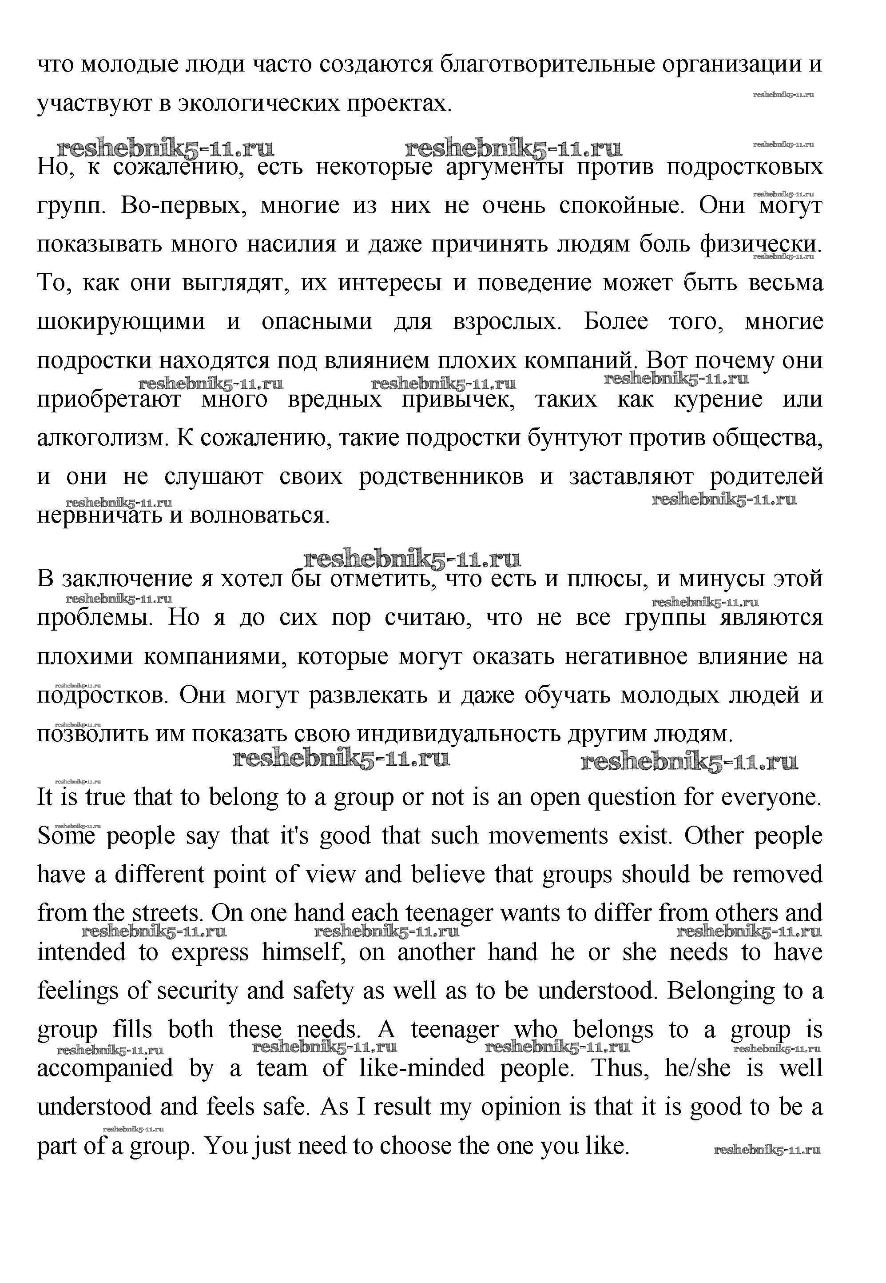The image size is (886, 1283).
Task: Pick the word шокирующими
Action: [x=121, y=323]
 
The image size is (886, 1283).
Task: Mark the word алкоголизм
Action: [x=102, y=439]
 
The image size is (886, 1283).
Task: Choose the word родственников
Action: [x=441, y=477]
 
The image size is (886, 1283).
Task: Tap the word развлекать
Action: [x=368, y=696]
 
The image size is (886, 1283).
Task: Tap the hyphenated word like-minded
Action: [x=422, y=1069]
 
